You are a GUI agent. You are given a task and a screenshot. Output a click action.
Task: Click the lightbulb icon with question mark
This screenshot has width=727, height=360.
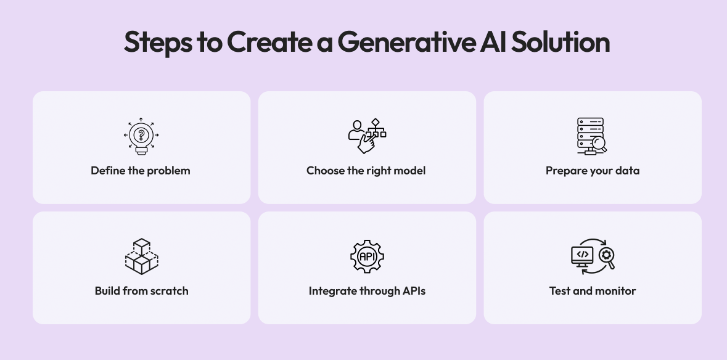141,136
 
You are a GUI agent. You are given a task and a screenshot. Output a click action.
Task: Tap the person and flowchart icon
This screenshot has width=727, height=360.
367,136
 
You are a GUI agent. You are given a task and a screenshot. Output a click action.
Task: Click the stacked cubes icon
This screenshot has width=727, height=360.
141,256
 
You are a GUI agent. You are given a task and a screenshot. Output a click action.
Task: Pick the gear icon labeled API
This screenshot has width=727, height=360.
367,256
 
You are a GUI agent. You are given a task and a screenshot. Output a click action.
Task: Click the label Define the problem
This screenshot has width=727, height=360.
141,171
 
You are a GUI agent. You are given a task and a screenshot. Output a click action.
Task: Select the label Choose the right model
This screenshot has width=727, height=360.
366,171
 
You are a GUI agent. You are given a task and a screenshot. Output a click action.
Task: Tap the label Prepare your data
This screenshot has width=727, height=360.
592,171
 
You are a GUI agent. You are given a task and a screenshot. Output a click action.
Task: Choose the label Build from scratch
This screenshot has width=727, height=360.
141,291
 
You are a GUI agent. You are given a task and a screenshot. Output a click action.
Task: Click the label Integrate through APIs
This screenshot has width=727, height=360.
367,291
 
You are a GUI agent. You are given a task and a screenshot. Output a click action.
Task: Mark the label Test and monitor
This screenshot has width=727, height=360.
592,291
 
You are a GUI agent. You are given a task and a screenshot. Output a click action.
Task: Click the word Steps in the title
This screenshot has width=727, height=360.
157,43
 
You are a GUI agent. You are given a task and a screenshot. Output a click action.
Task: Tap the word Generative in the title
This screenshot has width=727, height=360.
405,43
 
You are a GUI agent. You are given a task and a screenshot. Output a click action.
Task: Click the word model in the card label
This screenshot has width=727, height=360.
410,171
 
